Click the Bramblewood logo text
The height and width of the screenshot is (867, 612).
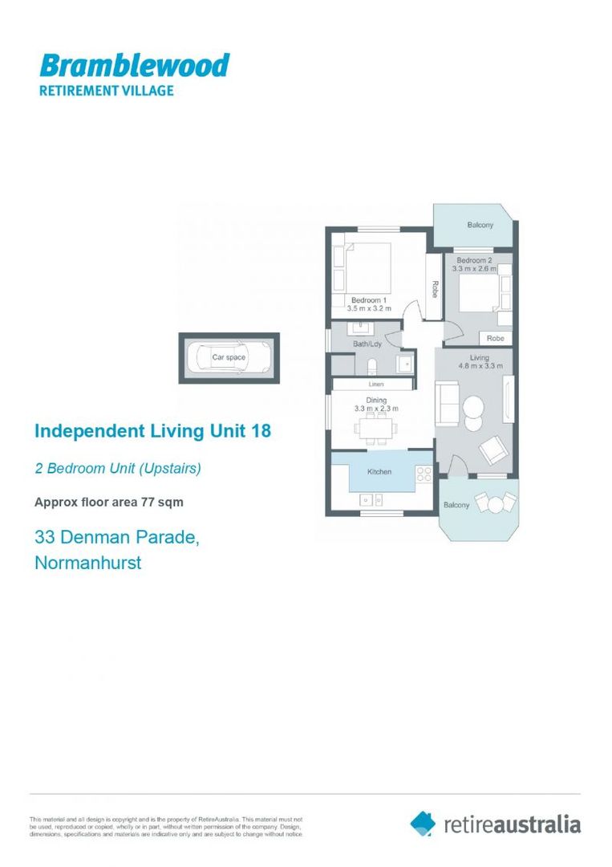(134, 65)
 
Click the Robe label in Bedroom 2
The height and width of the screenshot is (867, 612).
(495, 339)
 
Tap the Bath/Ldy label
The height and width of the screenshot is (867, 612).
(367, 344)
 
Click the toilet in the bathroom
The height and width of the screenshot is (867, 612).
(371, 368)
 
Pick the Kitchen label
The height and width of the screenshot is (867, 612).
(379, 472)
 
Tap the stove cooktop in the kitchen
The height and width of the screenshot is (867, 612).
(424, 474)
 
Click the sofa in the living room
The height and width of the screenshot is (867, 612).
(447, 401)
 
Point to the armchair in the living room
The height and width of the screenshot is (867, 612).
(492, 450)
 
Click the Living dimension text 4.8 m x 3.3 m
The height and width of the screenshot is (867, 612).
(480, 367)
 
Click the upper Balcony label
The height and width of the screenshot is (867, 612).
(480, 225)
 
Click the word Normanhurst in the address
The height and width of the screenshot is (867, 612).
(88, 563)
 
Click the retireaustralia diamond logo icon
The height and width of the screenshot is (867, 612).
(423, 824)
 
